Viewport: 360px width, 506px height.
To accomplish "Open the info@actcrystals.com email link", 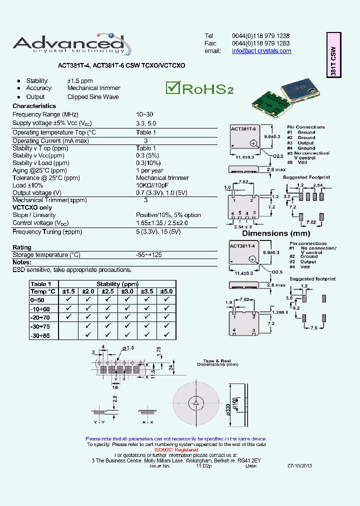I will point(261,51).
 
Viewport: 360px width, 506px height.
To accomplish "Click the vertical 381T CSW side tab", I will point(333,55).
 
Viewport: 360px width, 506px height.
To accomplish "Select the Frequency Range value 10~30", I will point(144,114).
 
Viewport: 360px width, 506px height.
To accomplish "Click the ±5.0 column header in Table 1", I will point(165,291).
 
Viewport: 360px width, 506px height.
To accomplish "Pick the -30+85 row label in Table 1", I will point(40,335).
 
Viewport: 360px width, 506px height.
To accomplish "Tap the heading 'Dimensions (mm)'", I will point(276,233).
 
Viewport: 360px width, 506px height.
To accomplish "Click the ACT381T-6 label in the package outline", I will point(243,129).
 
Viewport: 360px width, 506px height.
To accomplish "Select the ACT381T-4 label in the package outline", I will point(242,246).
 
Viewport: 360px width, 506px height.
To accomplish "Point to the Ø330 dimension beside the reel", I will point(228,407).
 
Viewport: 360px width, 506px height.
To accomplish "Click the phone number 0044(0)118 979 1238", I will point(260,36).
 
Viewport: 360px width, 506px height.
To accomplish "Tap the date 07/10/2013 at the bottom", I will point(299,465).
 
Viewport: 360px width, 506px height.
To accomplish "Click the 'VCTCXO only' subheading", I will point(32,207).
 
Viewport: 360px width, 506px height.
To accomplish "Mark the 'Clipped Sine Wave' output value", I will point(93,97).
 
